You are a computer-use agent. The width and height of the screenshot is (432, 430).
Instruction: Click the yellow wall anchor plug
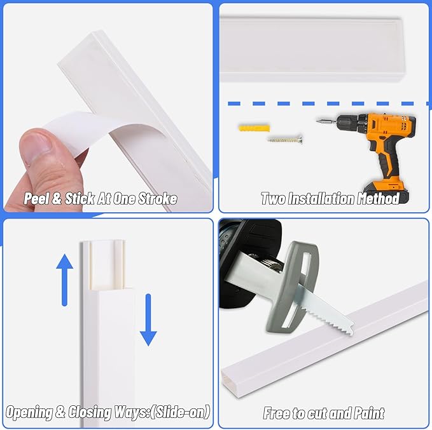pyautogui.click(x=254, y=128)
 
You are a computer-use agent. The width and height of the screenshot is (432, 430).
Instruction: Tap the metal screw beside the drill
pyautogui.click(x=285, y=140)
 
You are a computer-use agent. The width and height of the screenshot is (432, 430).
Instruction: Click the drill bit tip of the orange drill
pyautogui.click(x=317, y=120)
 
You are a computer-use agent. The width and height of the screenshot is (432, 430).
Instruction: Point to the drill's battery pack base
pyautogui.click(x=386, y=192)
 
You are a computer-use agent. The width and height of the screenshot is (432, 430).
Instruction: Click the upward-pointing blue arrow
pyautogui.click(x=64, y=280)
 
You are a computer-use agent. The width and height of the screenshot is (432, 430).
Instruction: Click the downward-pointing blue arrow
pyautogui.click(x=148, y=319)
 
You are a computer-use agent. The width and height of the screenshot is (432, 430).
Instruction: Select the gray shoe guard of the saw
pyautogui.click(x=292, y=288)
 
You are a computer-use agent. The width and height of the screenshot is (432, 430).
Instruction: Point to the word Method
pyautogui.click(x=378, y=199)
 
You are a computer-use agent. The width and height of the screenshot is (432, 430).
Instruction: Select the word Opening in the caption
pyautogui.click(x=29, y=413)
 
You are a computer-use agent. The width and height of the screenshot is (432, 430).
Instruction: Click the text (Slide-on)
pyautogui.click(x=181, y=412)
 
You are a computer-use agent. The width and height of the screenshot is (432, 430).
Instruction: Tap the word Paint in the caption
pyautogui.click(x=369, y=413)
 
